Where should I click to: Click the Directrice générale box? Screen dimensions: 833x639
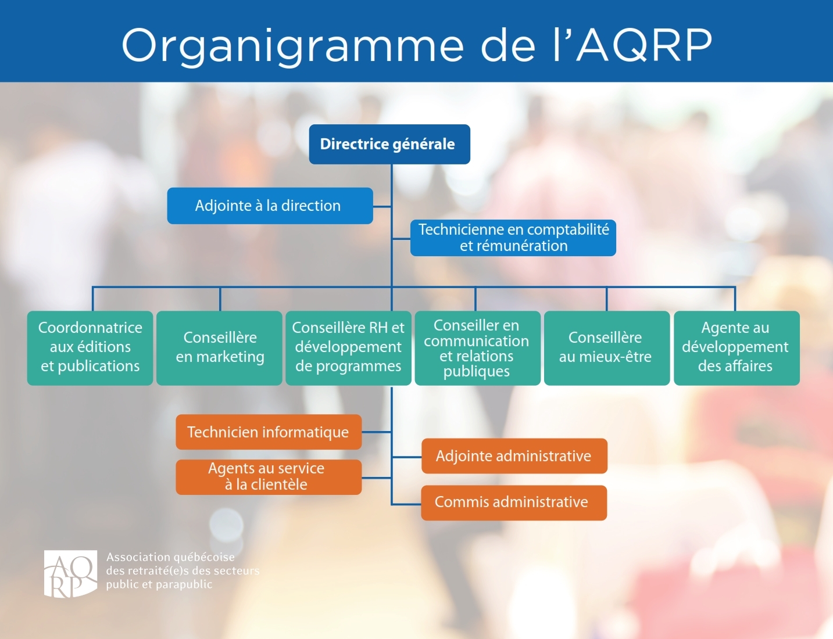[x=389, y=144]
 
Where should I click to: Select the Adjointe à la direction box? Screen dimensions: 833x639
[x=270, y=206]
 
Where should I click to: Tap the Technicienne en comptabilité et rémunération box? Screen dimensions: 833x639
[x=513, y=238]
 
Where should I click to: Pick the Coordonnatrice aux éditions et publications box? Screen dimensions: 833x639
[x=90, y=348]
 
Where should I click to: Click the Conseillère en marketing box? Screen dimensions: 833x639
[x=219, y=348]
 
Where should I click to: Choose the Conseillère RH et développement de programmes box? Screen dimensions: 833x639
[x=348, y=348]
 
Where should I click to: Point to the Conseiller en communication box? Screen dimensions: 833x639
[x=478, y=348]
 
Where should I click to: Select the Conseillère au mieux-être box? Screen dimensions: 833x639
[x=607, y=348]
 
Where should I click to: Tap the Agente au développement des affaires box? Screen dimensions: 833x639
[x=737, y=348]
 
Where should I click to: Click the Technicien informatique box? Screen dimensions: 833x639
[x=269, y=432]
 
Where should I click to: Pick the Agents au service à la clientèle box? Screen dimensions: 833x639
[x=269, y=477]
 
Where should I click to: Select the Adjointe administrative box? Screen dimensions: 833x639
[x=514, y=456]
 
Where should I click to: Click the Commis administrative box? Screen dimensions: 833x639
[x=514, y=502]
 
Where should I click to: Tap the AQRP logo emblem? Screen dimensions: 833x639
[x=70, y=573]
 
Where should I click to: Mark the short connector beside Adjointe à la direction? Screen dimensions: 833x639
[x=382, y=206]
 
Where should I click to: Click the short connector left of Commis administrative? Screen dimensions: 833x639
[x=406, y=504]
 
